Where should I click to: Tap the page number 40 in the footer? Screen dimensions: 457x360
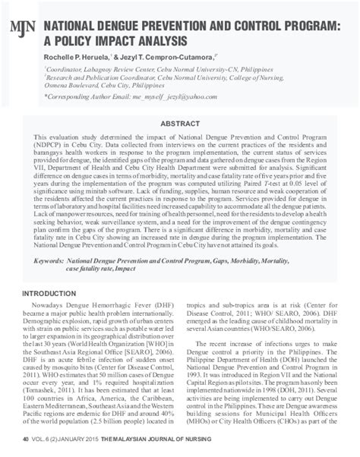click(x=26, y=439)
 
